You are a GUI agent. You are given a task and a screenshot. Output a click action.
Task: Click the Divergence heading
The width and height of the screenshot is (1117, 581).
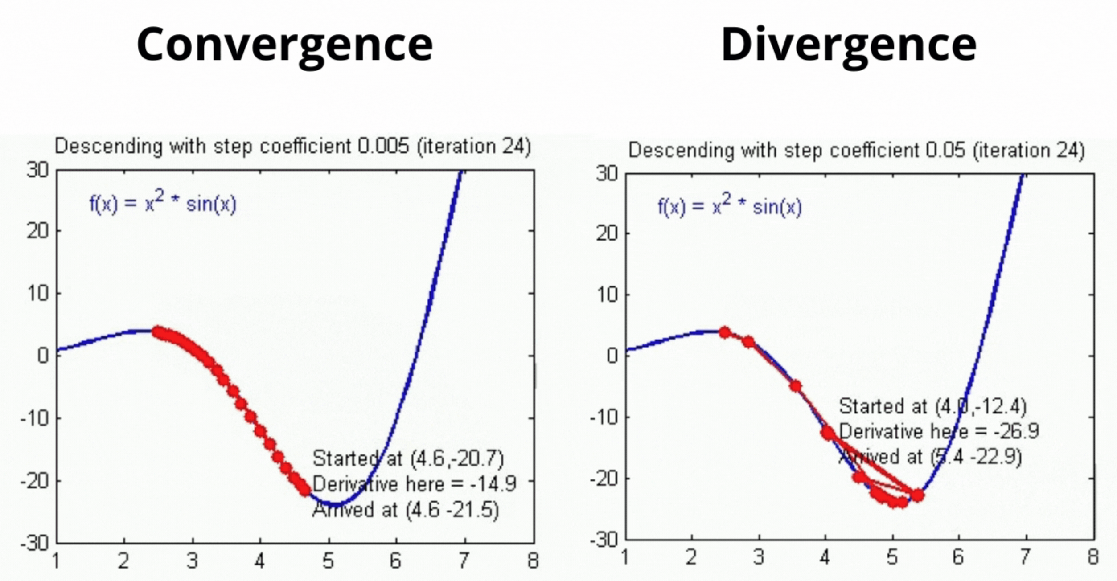[x=848, y=45]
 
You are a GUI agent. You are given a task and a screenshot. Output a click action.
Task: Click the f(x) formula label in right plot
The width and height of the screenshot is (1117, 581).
[x=730, y=206]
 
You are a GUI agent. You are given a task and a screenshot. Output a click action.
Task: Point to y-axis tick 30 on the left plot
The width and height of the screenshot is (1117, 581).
[x=37, y=170]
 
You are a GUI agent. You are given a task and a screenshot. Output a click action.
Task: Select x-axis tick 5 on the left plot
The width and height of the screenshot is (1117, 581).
[x=328, y=561]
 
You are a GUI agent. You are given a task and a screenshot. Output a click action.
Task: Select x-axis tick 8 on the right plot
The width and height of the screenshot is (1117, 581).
[x=1092, y=557]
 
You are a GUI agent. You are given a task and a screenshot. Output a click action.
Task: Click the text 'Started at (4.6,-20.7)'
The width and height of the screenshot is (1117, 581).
[x=408, y=458]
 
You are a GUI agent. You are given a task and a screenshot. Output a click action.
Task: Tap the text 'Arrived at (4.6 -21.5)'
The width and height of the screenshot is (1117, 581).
[x=405, y=510]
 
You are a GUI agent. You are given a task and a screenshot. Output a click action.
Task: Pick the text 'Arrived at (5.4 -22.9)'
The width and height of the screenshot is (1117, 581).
[x=930, y=457]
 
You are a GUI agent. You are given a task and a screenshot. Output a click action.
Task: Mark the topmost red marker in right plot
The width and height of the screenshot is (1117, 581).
[x=725, y=332]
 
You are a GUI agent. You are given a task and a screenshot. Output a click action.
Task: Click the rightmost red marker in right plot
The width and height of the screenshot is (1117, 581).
[x=917, y=495]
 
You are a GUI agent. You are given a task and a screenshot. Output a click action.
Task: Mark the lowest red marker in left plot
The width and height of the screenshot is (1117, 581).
[x=305, y=490]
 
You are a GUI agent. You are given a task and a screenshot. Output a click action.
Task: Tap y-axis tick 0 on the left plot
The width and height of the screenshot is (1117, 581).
[x=43, y=356]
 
